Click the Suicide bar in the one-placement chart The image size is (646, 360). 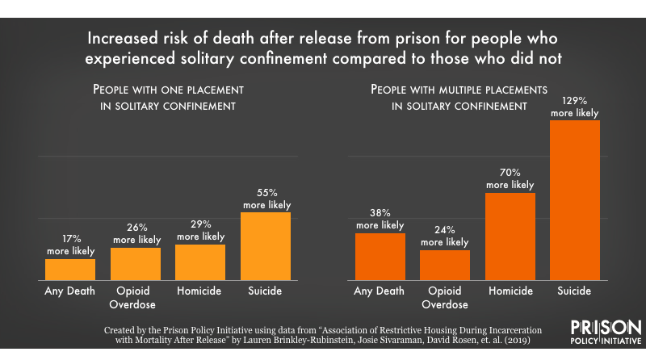pyautogui.click(x=265, y=246)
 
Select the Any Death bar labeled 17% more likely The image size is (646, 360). pyautogui.click(x=70, y=270)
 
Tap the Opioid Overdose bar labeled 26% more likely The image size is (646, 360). pyautogui.click(x=135, y=264)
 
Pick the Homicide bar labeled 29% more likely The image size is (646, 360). pyautogui.click(x=200, y=262)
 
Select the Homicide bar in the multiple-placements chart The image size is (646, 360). pyautogui.click(x=510, y=237)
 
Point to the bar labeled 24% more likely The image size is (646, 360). pyautogui.click(x=445, y=265)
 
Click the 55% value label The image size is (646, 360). pyautogui.click(x=266, y=194)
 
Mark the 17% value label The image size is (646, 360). pyautogui.click(x=70, y=240)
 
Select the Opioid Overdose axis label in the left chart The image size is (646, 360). pyautogui.click(x=135, y=297)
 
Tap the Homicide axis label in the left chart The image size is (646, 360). pyautogui.click(x=200, y=291)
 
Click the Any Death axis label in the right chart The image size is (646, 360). pyautogui.click(x=380, y=291)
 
